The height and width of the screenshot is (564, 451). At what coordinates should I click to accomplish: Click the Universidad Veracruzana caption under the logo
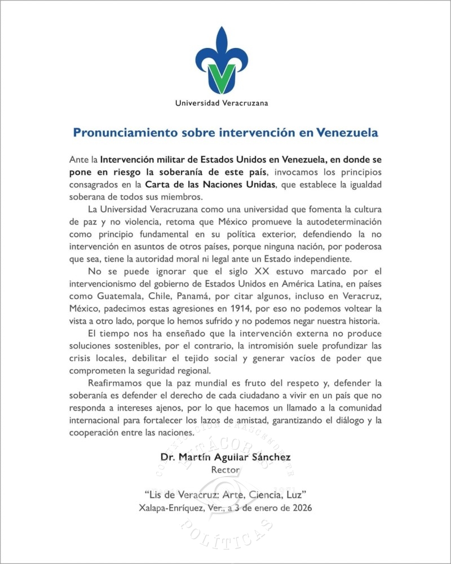point(222,103)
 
